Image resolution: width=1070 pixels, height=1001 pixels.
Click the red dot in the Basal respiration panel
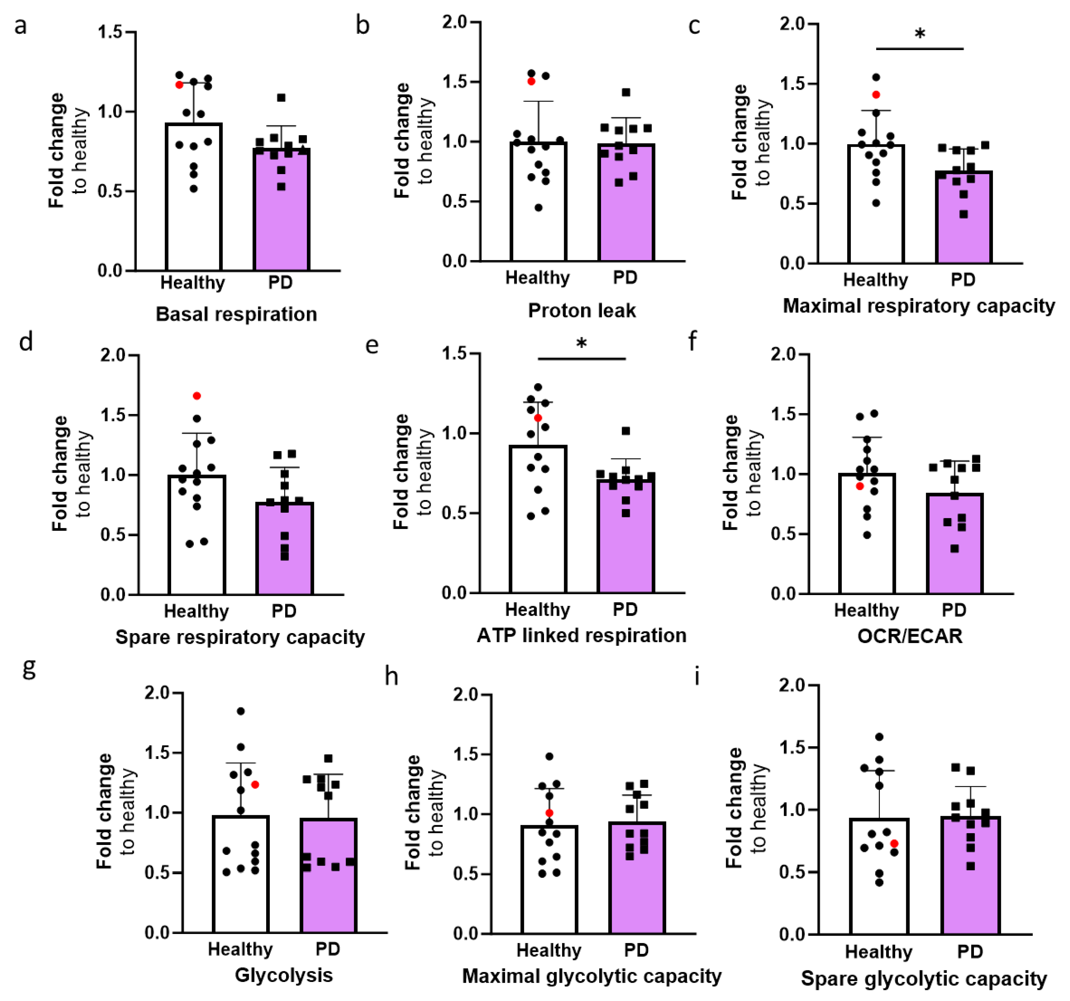pos(179,84)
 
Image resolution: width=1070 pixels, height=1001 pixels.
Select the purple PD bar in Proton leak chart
pos(626,204)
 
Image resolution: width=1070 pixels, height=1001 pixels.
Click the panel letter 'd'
pos(26,342)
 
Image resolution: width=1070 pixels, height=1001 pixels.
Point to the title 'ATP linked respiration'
pos(581,635)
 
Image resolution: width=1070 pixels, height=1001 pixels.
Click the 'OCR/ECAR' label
pos(910,636)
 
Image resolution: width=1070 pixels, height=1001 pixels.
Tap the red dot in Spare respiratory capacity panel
pos(197,396)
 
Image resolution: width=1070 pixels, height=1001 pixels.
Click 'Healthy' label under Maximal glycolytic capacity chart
pos(549,950)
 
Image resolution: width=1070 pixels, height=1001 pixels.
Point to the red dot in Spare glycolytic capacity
pos(894,844)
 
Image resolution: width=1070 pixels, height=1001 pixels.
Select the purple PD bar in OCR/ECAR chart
pos(954,544)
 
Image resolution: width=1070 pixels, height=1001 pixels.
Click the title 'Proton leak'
pos(581,311)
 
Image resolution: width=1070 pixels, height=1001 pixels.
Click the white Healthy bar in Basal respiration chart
pos(194,199)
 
